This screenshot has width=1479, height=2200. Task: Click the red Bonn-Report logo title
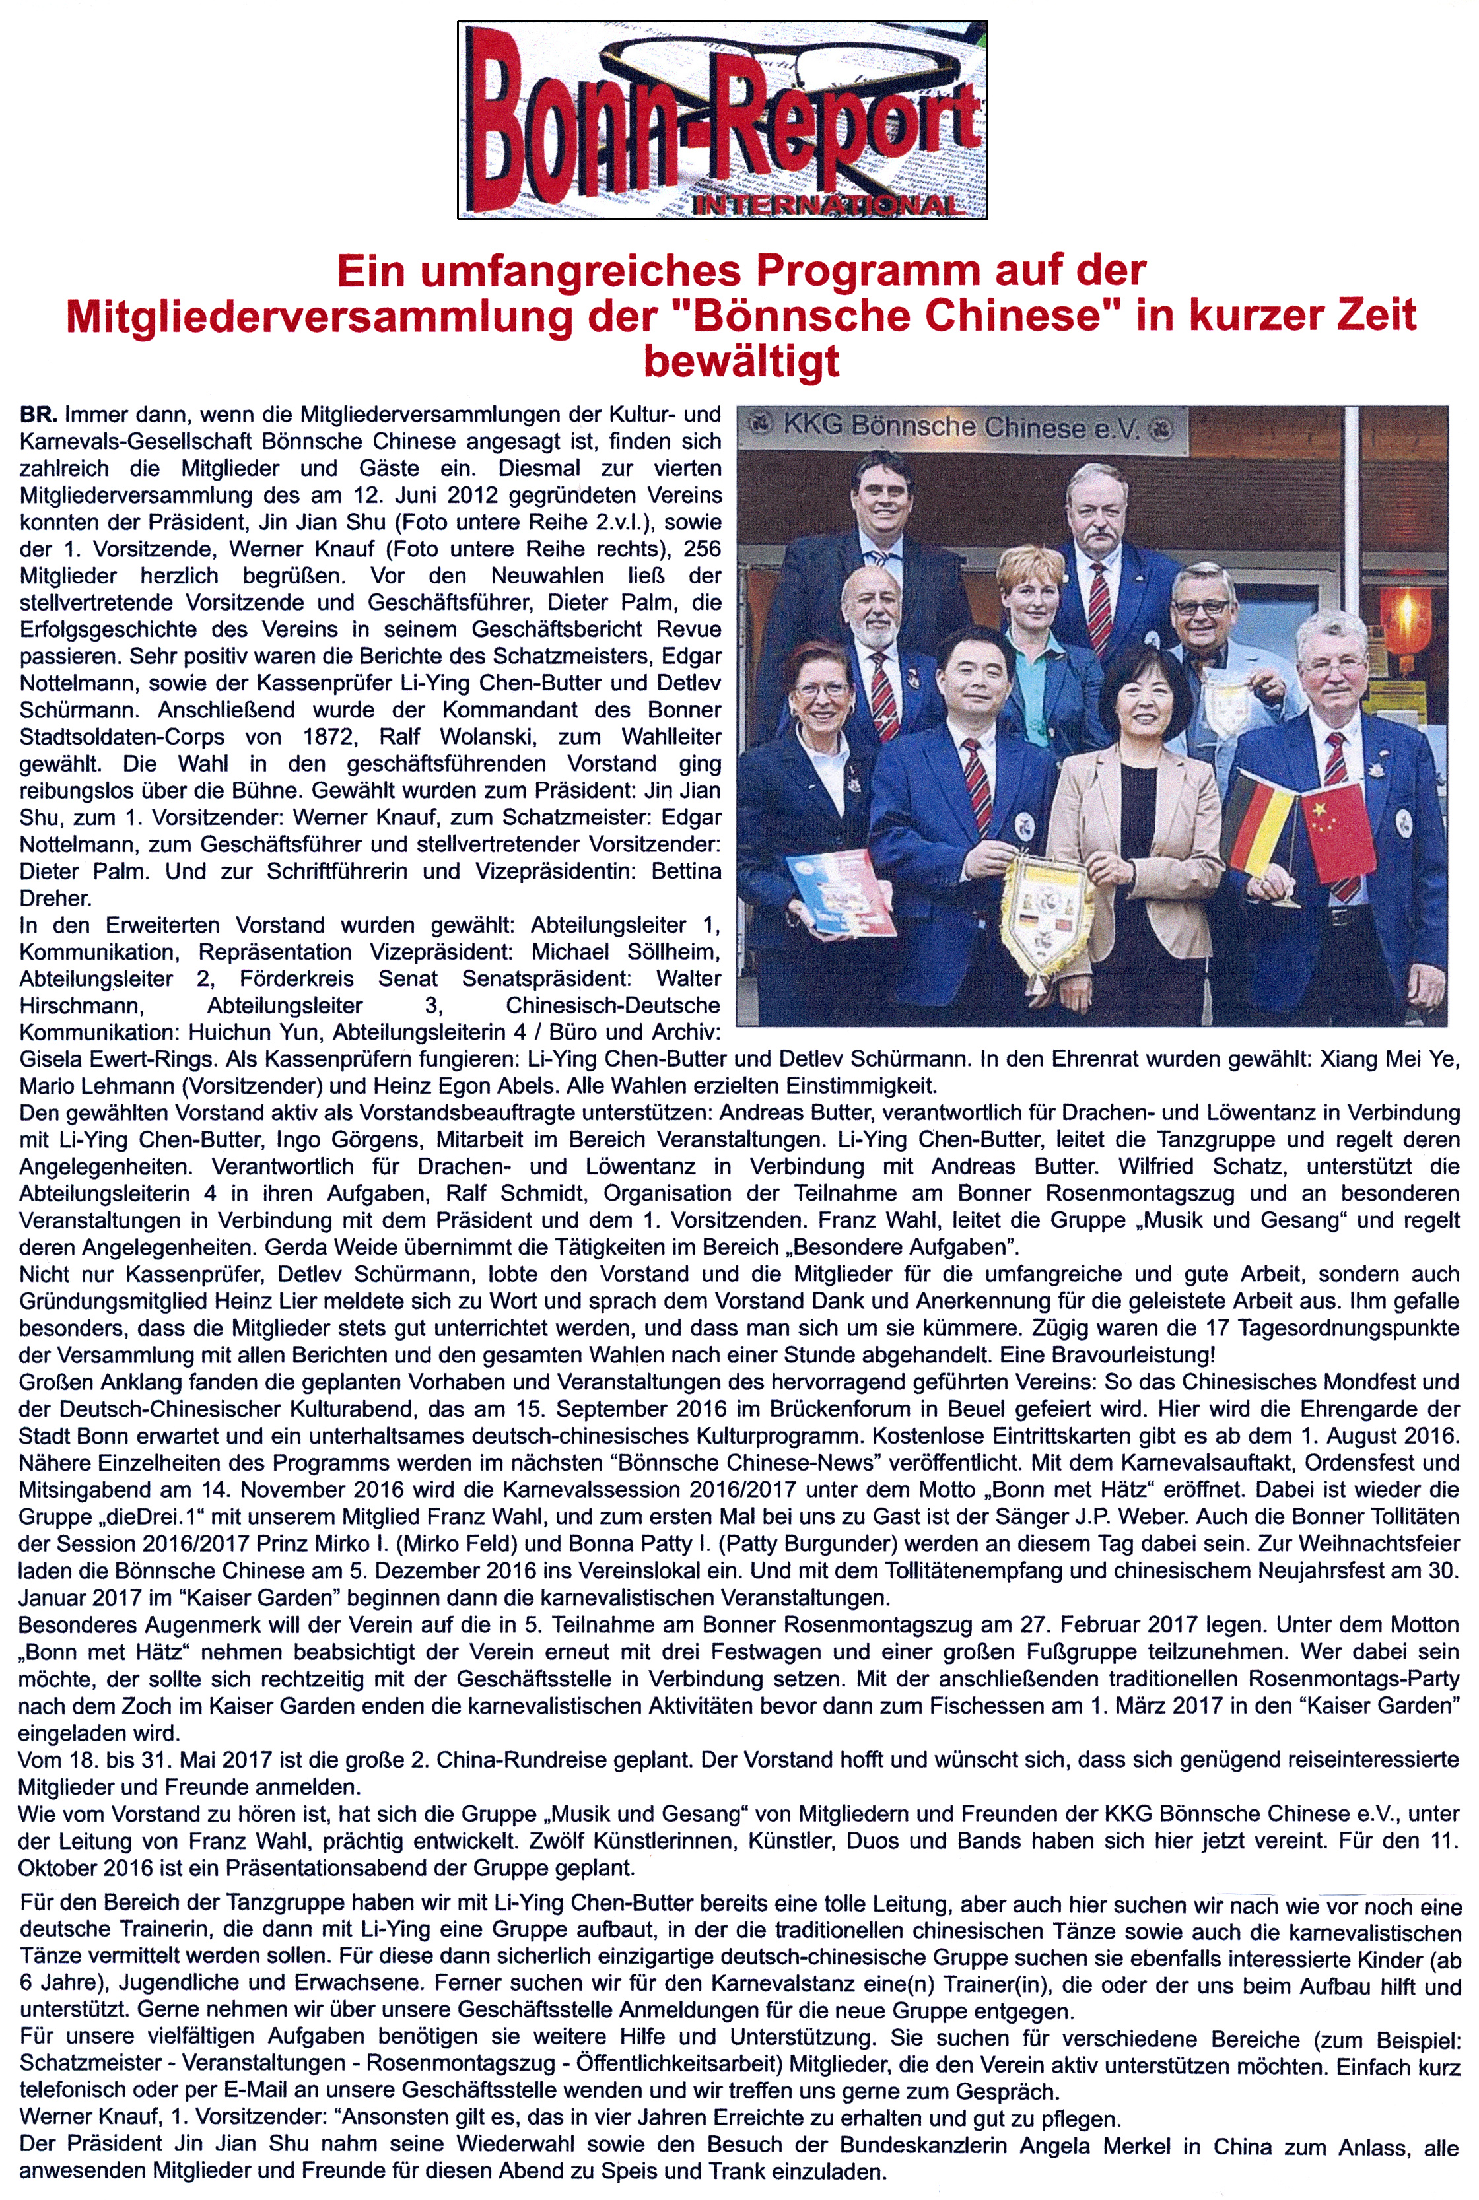(722, 118)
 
